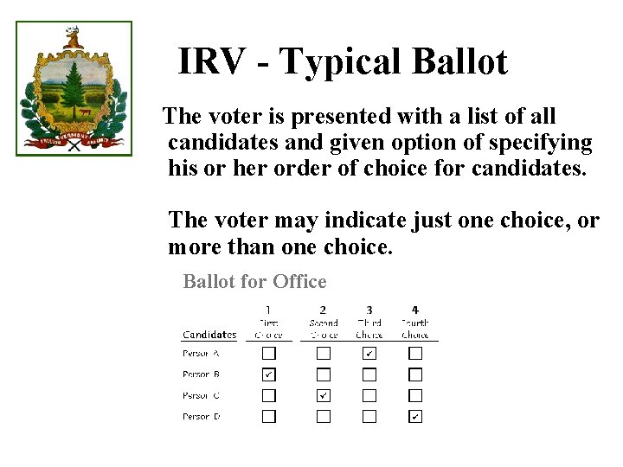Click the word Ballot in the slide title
[x=459, y=62]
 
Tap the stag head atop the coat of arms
[x=73, y=37]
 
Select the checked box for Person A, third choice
[x=369, y=353]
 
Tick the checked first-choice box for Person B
[x=269, y=374]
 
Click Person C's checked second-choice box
[x=323, y=395]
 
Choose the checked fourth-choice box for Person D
[x=415, y=417]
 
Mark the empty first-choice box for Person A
[x=269, y=353]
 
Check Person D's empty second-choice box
[x=323, y=417]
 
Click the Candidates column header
[x=209, y=335]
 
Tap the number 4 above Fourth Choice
[x=415, y=310]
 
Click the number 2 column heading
[x=323, y=310]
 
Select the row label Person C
[x=201, y=396]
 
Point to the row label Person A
[x=201, y=353]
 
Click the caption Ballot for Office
[x=254, y=282]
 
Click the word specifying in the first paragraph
[x=538, y=142]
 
